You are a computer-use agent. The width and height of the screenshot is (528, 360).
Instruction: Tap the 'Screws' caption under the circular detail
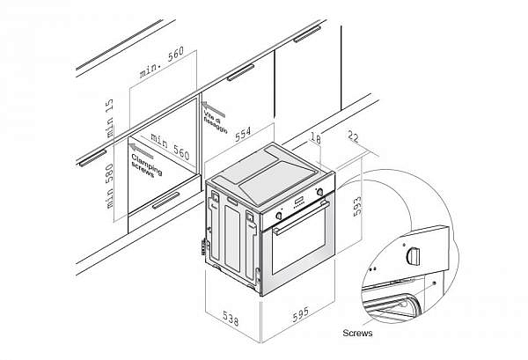pos(360,334)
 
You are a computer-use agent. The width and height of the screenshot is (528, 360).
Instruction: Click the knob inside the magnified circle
pos(414,254)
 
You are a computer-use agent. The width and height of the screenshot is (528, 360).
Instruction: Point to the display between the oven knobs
pos(300,201)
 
